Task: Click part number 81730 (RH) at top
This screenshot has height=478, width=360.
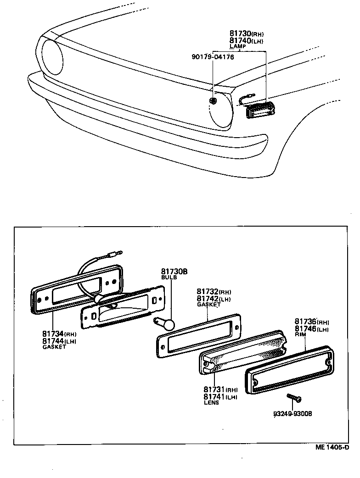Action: [x=247, y=34]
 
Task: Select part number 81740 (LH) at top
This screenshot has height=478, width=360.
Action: [x=247, y=40]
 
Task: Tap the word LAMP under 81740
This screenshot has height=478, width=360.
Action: [x=237, y=46]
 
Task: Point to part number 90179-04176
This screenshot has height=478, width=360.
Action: [x=213, y=57]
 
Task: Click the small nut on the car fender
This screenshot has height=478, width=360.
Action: [x=213, y=100]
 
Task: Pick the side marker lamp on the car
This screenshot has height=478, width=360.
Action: [x=260, y=111]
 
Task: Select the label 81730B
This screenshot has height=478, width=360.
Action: [x=174, y=272]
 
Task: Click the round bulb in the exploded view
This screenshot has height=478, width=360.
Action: [x=168, y=325]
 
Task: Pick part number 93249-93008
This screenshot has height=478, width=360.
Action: [x=292, y=414]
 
